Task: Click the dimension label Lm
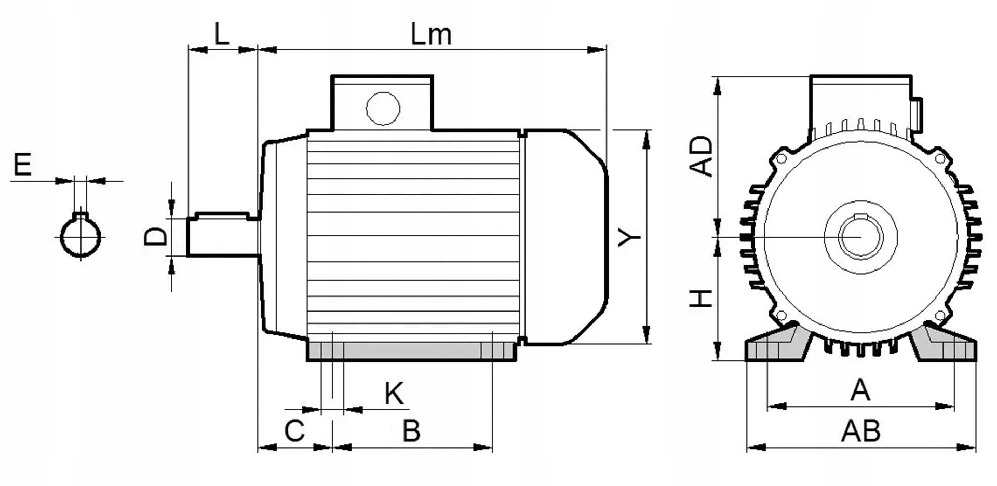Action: click(431, 34)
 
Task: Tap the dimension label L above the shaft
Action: click(222, 34)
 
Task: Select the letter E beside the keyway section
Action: click(22, 165)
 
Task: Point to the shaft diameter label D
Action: click(156, 237)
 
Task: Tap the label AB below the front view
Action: click(860, 431)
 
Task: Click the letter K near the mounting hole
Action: click(394, 394)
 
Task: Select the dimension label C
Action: click(294, 431)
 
